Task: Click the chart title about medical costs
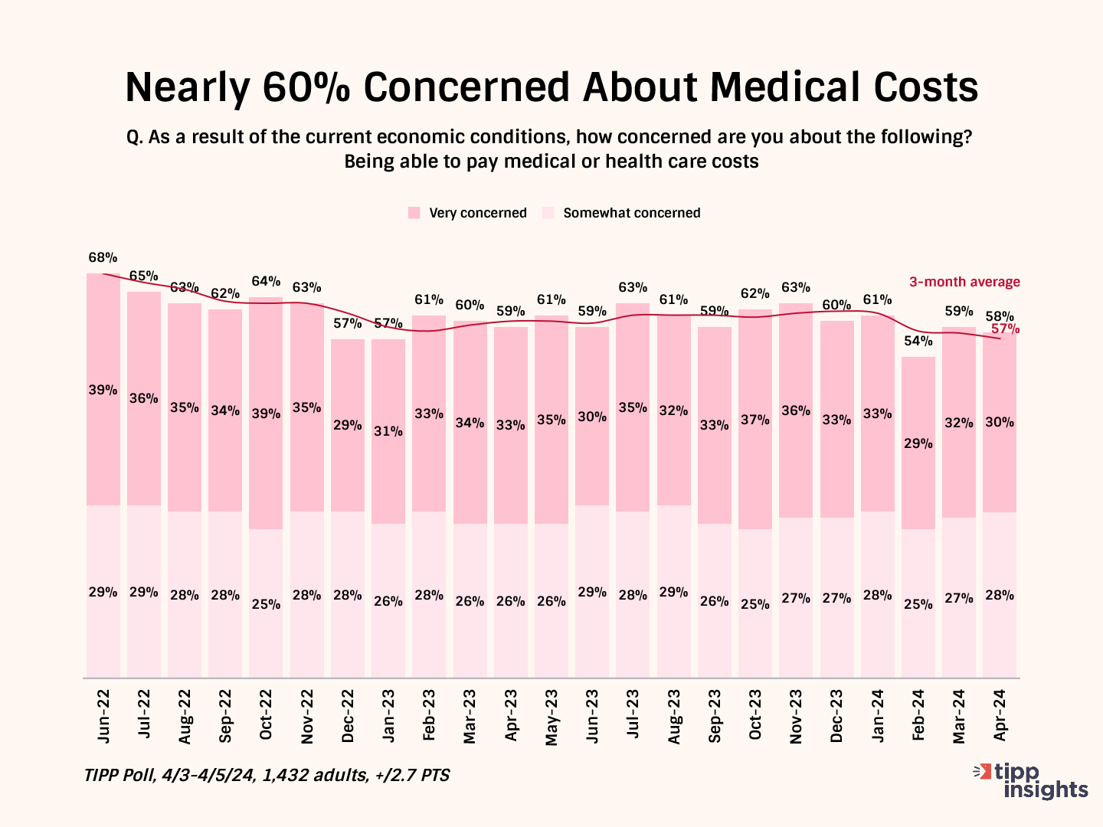pos(551,87)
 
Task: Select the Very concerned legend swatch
pos(414,213)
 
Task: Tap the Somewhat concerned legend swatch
pos(548,213)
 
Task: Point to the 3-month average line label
pos(964,282)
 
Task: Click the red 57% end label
pos(1005,329)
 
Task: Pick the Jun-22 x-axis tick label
pos(103,716)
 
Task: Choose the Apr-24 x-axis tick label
pos(1000,716)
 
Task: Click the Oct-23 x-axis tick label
pos(755,716)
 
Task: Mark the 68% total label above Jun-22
pos(103,257)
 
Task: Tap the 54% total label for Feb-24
pos(918,341)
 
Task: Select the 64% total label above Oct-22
pos(266,281)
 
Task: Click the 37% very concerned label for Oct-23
pos(755,420)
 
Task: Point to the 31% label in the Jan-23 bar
pos(388,431)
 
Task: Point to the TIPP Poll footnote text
pos(267,775)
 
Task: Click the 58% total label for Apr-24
pos(1000,315)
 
